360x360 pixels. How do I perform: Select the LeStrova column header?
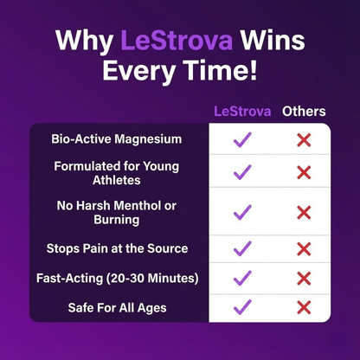click(x=242, y=112)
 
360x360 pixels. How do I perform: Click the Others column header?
click(x=304, y=112)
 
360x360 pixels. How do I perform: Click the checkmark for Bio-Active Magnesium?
click(x=242, y=139)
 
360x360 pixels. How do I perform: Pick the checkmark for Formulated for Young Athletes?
click(x=242, y=172)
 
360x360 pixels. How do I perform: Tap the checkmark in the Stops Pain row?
click(x=242, y=249)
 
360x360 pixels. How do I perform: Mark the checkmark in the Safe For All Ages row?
click(x=242, y=306)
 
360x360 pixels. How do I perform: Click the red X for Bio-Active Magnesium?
click(x=304, y=139)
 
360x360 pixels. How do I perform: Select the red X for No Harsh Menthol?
click(x=304, y=212)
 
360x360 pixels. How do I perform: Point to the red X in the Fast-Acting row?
click(x=304, y=278)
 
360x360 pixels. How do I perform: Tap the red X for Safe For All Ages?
click(x=304, y=306)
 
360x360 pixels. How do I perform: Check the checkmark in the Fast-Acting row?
click(x=242, y=278)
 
